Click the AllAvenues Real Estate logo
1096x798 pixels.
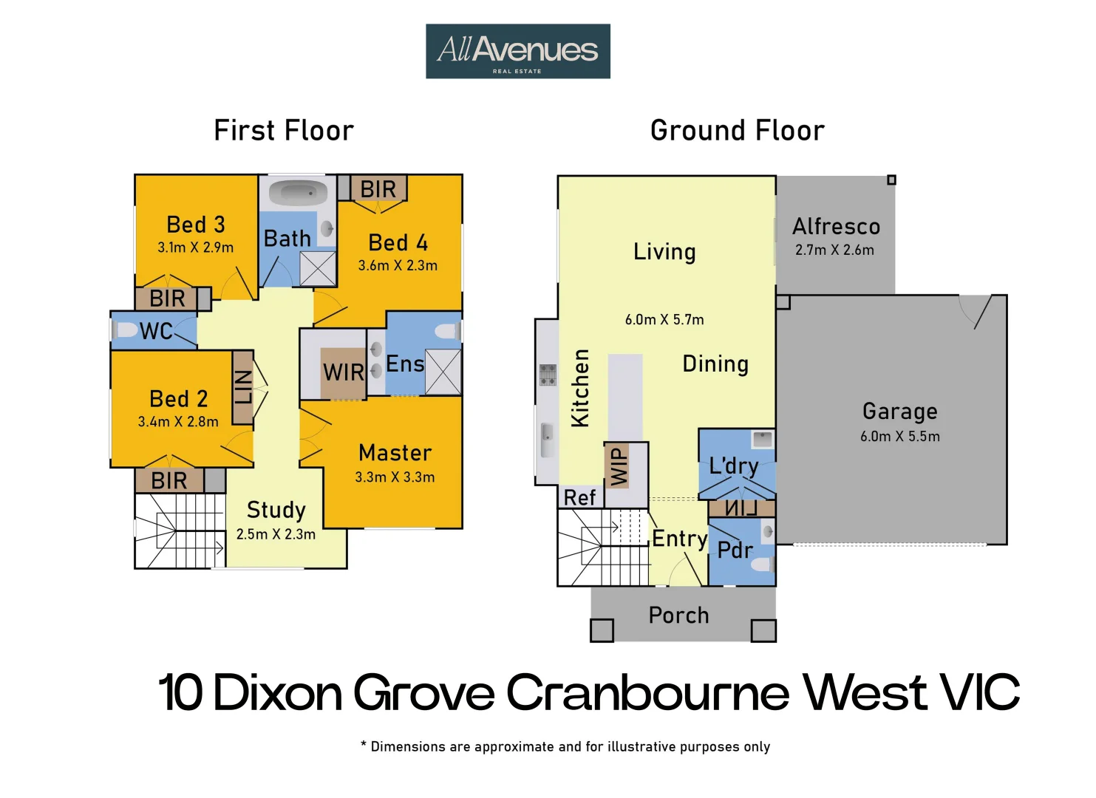pyautogui.click(x=517, y=51)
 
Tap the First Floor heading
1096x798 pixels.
pyautogui.click(x=284, y=131)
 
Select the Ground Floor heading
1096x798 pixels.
pyautogui.click(x=737, y=131)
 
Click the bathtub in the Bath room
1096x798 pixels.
pyautogui.click(x=298, y=194)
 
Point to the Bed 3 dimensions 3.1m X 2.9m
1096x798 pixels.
pyautogui.click(x=195, y=248)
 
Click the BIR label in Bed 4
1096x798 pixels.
pyautogui.click(x=378, y=189)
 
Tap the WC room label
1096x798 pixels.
pyautogui.click(x=156, y=331)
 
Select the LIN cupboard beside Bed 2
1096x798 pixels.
pyautogui.click(x=243, y=387)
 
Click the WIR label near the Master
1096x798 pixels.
pyautogui.click(x=344, y=372)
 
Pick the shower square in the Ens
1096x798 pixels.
pyautogui.click(x=443, y=372)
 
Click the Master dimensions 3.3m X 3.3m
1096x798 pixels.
pyautogui.click(x=395, y=477)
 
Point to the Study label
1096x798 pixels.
pyautogui.click(x=276, y=510)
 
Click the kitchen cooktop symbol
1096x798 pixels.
pyautogui.click(x=548, y=375)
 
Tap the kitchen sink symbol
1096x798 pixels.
pyautogui.click(x=547, y=440)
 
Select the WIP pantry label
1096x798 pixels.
pyautogui.click(x=619, y=465)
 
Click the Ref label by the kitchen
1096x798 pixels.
pyautogui.click(x=579, y=498)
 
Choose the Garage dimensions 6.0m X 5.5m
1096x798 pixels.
pyautogui.click(x=899, y=437)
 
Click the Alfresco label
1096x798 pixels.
pyautogui.click(x=836, y=226)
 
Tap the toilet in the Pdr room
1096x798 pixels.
pyautogui.click(x=761, y=565)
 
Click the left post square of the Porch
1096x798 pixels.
pyautogui.click(x=602, y=630)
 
